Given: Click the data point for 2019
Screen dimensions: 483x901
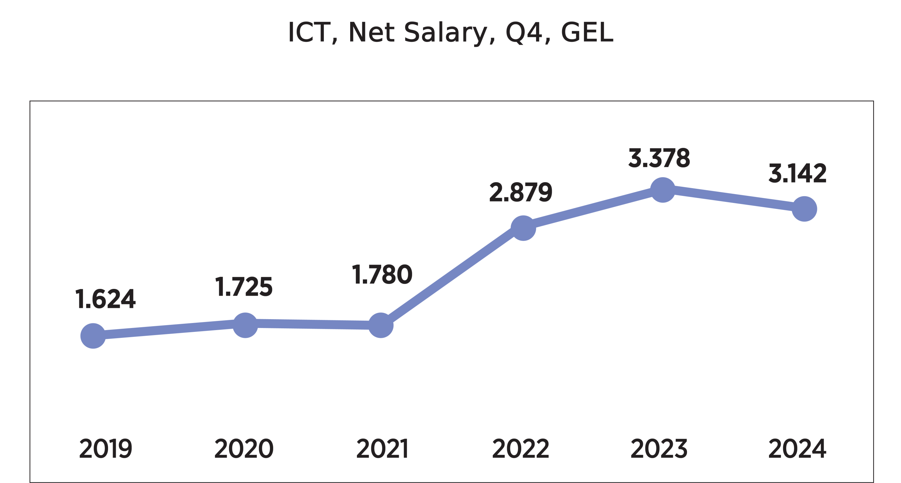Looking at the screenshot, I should coord(93,336).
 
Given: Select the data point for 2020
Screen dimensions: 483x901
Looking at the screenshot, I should coord(245,325).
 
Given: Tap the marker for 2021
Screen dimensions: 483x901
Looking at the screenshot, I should coord(381,325).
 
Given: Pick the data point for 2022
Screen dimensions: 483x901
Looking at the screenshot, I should coord(523,228).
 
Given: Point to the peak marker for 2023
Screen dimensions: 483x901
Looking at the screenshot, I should coord(663,190).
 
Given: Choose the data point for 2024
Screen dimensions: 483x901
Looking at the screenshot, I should coord(804,209).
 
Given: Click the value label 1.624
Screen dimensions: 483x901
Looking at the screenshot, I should coord(106,299).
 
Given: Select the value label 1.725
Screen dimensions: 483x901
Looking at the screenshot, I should coord(244,287).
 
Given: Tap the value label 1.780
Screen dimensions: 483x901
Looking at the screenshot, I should coord(382,274).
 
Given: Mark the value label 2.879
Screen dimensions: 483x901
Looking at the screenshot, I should coord(521,192).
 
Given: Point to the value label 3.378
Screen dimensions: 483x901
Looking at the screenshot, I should coord(659,158).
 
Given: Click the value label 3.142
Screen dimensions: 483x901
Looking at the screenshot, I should coord(798,173).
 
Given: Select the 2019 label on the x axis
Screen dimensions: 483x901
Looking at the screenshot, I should coord(106,448).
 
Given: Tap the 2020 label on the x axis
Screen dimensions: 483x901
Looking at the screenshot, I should coord(244,448).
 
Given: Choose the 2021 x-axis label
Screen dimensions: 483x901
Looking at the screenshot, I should coord(382,448).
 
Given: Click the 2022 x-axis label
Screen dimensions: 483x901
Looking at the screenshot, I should coord(521,448).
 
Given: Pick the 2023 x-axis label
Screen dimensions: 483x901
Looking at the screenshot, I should coord(659,448).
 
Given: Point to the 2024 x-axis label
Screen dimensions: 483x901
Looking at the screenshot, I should coord(798,448).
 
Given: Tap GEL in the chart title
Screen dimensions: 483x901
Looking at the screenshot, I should coord(587,32).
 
